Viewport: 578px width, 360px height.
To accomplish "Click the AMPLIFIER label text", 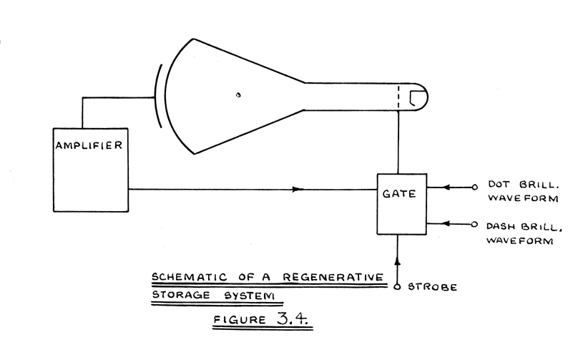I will [x=91, y=146].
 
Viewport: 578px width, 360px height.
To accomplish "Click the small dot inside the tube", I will [x=239, y=94].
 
